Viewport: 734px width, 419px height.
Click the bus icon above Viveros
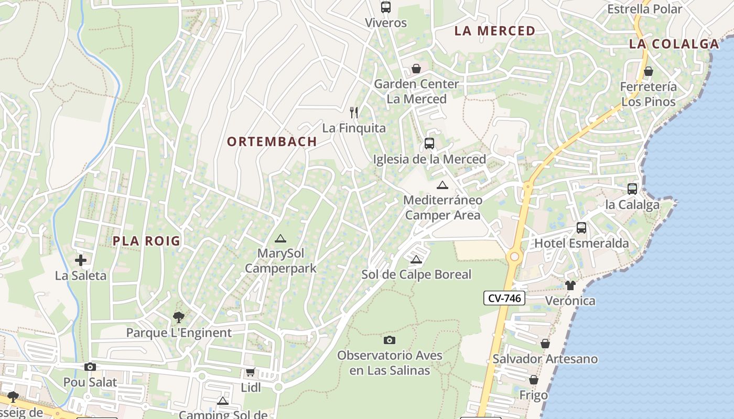(386, 7)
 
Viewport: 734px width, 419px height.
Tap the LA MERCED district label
(494, 31)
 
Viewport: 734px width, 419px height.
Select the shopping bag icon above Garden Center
(416, 69)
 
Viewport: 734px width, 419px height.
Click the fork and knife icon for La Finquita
(354, 112)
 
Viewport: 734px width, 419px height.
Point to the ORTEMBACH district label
(272, 141)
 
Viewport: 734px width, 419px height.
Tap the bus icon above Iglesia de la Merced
(429, 144)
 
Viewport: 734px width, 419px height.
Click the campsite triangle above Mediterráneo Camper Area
(442, 185)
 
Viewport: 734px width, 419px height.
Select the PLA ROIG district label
(147, 241)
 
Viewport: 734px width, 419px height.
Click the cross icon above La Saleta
(81, 260)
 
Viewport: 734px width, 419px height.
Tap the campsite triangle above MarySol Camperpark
(280, 239)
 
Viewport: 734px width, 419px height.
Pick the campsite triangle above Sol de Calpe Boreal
(416, 259)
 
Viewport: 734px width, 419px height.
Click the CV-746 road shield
(504, 299)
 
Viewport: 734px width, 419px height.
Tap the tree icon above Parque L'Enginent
(179, 317)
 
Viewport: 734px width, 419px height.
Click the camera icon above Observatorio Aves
(390, 340)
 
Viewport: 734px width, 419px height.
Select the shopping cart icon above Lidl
(251, 372)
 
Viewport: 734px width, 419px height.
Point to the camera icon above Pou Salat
(90, 367)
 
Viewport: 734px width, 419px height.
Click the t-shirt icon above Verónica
(570, 285)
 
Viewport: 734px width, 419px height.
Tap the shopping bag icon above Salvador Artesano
(545, 344)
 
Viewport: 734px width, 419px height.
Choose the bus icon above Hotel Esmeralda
(581, 228)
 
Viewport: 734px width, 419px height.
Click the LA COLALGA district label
(674, 44)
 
